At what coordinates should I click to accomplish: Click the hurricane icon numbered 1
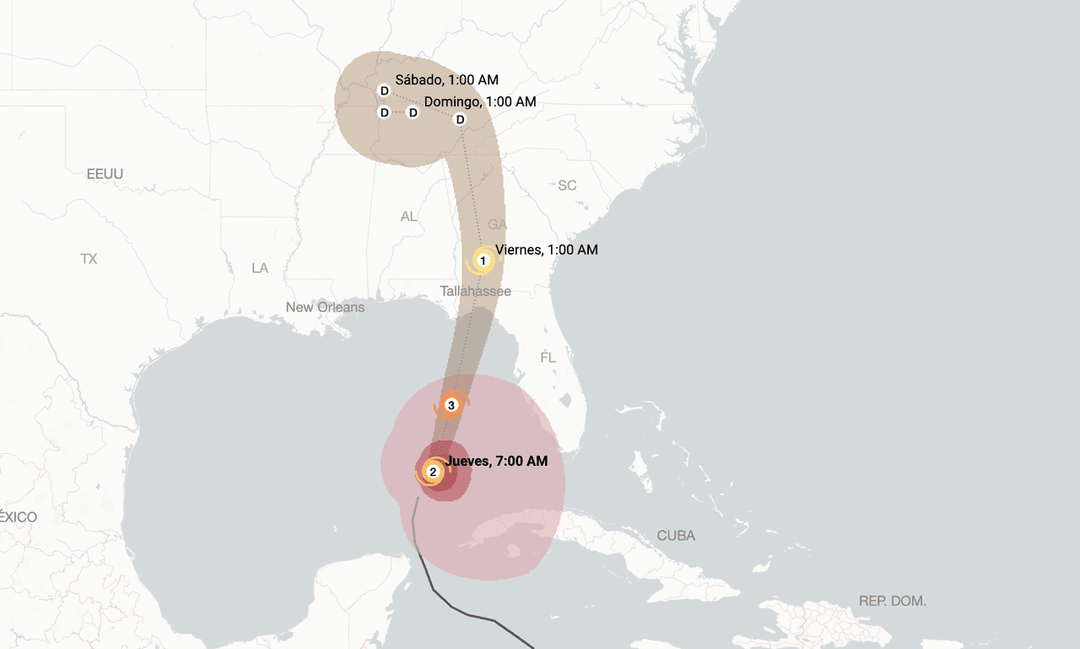coord(483,261)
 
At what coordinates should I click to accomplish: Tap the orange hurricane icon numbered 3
coord(451,406)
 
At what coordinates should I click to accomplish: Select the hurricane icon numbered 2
coord(433,472)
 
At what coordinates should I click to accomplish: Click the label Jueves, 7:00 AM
coord(496,461)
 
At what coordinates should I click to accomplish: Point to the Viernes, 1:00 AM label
coord(546,250)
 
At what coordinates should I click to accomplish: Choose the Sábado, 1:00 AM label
coord(446,80)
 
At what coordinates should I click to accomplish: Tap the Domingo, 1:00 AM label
coord(479,101)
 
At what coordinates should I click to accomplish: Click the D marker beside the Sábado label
coord(384,91)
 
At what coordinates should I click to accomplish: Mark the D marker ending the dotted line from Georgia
coord(460,119)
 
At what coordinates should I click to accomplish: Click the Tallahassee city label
coord(475,291)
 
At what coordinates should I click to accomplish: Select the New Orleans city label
coord(325,307)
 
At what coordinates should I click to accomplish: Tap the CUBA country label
coord(676,536)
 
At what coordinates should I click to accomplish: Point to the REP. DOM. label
coord(892,601)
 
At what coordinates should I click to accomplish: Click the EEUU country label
coord(105,174)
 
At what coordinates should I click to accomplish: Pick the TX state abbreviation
coord(89,259)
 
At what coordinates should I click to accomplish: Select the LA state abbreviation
coord(260,268)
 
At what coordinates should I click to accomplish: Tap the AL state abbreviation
coord(408,217)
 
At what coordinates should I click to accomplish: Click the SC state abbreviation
coord(567,185)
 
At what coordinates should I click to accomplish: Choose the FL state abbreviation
coord(548,358)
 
